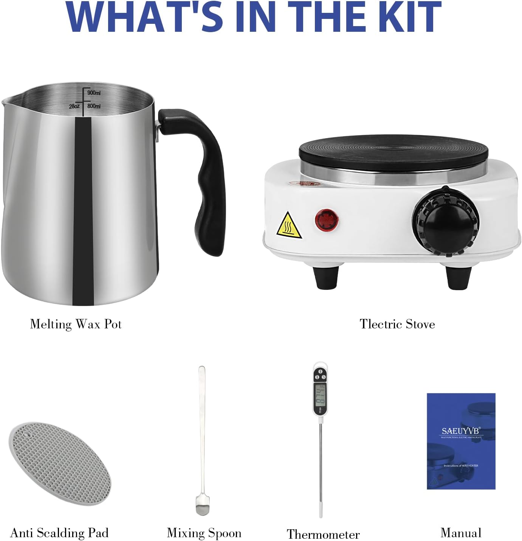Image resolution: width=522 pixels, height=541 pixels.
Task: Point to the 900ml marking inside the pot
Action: pos(94,93)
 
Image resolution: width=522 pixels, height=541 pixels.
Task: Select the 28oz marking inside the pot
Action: pos(74,106)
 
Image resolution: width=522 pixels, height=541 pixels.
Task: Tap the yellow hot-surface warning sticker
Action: pos(289,225)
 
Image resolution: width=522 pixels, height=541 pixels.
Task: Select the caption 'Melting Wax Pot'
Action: pos(76,324)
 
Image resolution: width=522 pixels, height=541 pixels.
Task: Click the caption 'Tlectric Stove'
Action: pos(397,324)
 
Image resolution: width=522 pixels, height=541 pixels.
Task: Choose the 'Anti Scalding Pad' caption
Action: pos(59,533)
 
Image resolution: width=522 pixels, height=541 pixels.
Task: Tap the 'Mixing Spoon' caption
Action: pos(204,533)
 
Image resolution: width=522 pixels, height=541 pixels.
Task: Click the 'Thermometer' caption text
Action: pos(323,534)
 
